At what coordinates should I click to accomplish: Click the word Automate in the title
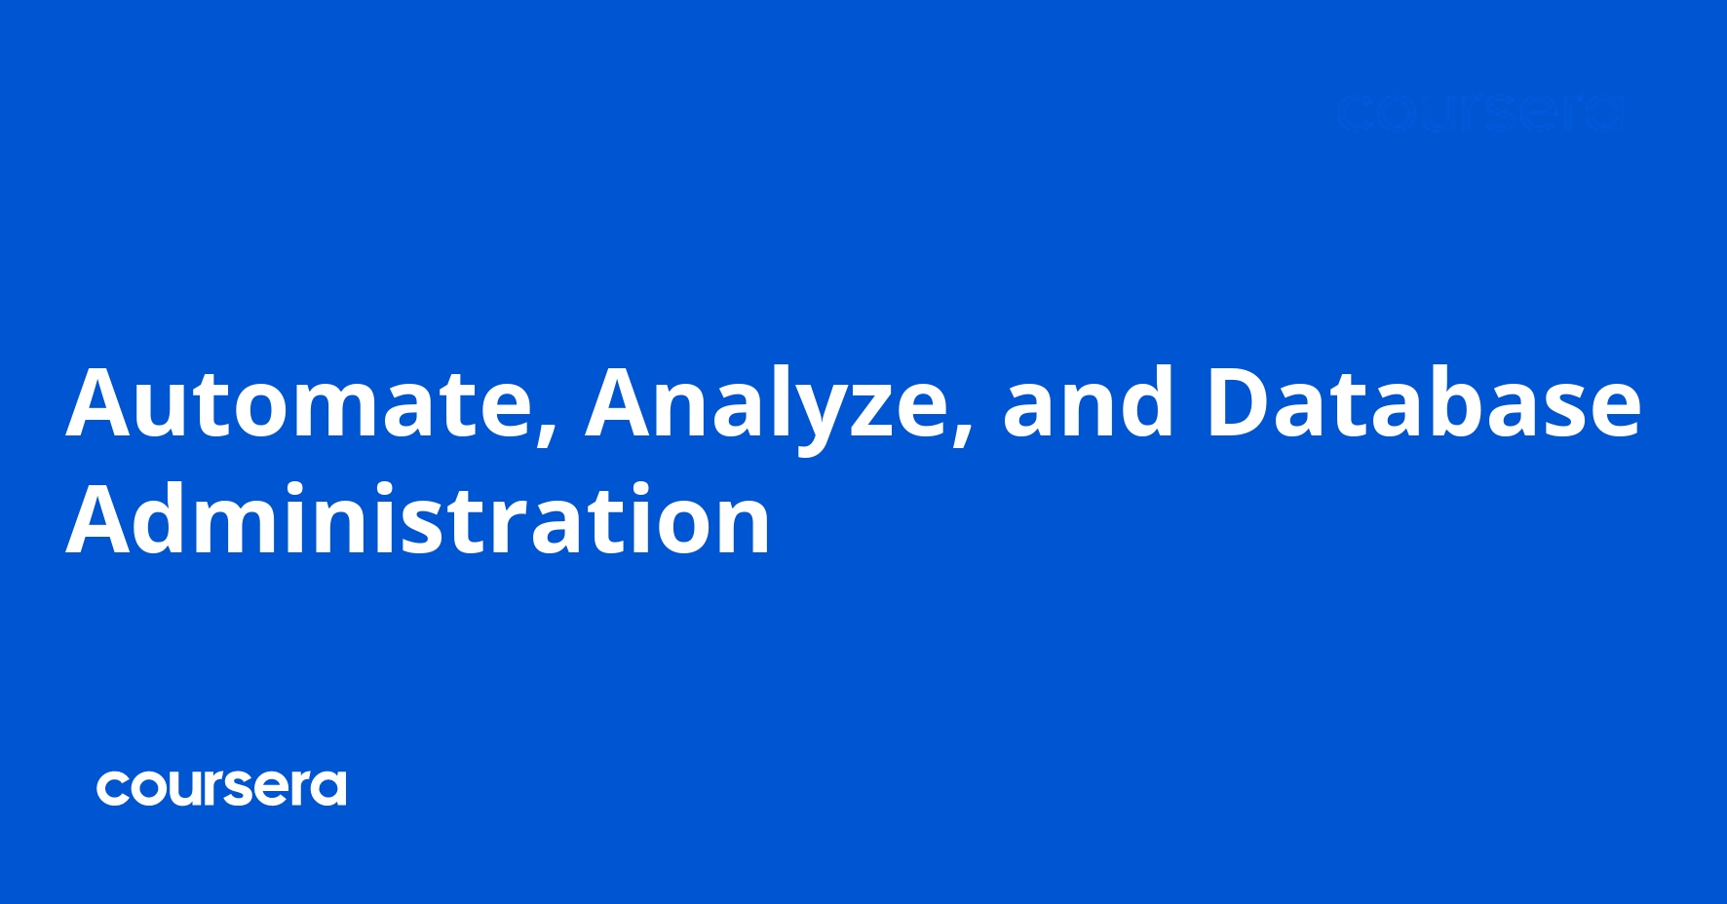pyautogui.click(x=297, y=402)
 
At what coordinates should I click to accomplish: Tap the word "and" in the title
pyautogui.click(x=1088, y=402)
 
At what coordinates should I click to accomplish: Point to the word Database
pyautogui.click(x=1424, y=402)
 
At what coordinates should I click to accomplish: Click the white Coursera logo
pyautogui.click(x=221, y=788)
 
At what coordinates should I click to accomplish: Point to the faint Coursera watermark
pyautogui.click(x=1478, y=113)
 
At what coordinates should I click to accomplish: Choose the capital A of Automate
pyautogui.click(x=102, y=402)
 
